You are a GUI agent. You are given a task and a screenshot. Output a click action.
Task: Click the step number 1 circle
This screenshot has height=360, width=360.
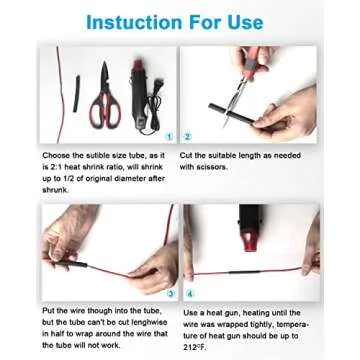click(x=171, y=136)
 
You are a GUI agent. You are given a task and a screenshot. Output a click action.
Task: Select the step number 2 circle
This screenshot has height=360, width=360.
click(x=187, y=136)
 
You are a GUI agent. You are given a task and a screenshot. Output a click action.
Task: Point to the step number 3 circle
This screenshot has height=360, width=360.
click(x=171, y=293)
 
